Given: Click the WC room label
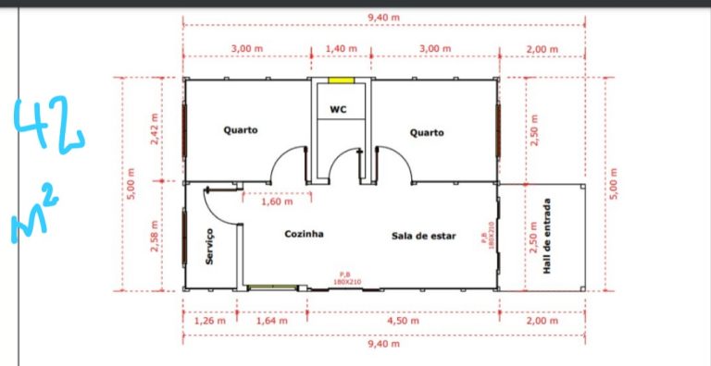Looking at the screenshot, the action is click(x=338, y=109).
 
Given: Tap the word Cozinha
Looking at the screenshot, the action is click(x=304, y=234).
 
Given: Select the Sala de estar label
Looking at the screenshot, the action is click(x=423, y=236).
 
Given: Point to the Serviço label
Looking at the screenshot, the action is click(x=209, y=246).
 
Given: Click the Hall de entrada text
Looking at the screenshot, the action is click(x=547, y=236).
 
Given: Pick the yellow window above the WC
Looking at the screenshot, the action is click(x=341, y=80).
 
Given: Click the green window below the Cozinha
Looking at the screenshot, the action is click(x=272, y=287).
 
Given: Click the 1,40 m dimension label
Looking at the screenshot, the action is click(x=342, y=48).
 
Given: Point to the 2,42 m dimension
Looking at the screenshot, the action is click(x=155, y=129).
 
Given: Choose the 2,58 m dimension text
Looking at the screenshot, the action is click(x=155, y=236).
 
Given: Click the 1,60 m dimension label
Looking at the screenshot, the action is click(x=277, y=201).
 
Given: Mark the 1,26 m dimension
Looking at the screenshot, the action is click(x=210, y=321).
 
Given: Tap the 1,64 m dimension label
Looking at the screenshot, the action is click(x=272, y=321).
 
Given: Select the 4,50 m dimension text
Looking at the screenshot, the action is click(x=403, y=321).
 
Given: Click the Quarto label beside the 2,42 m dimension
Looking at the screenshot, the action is click(x=241, y=130).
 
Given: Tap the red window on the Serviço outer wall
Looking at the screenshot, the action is click(x=184, y=237).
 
